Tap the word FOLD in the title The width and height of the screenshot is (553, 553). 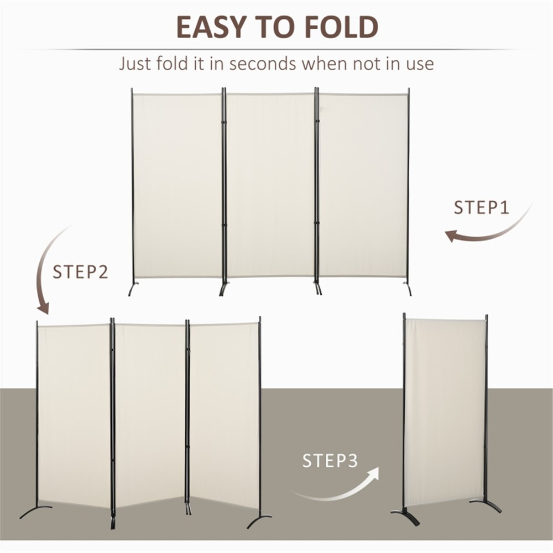(343, 27)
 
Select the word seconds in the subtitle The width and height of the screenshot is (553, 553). (263, 63)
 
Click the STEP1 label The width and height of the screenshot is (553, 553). (481, 208)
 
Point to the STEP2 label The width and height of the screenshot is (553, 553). (80, 272)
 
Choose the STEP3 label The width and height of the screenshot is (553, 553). (330, 461)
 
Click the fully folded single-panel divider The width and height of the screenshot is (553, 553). (445, 409)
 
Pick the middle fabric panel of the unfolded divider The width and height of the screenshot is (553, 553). (271, 185)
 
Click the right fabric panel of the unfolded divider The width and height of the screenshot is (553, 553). (363, 185)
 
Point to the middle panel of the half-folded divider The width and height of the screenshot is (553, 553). (149, 415)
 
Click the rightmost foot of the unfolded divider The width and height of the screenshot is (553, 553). (408, 289)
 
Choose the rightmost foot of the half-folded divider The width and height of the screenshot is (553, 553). (259, 520)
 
